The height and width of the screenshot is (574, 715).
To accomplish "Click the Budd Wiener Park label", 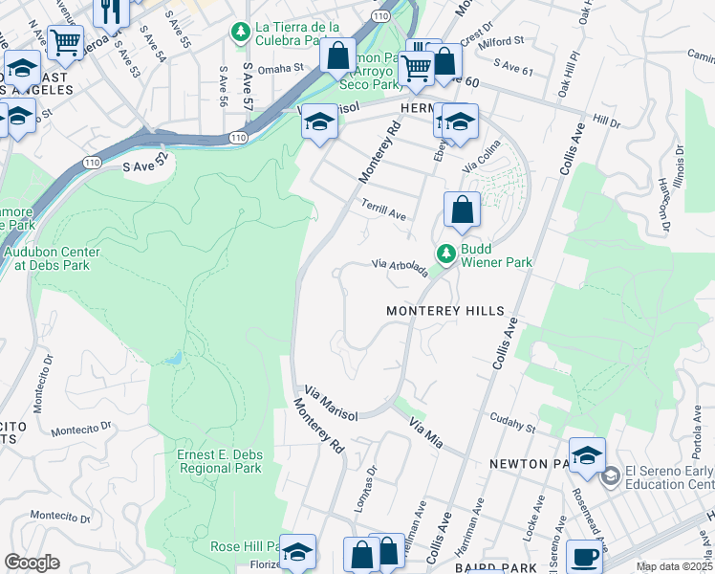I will (x=496, y=254).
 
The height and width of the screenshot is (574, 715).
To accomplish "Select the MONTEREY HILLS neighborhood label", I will (x=444, y=312).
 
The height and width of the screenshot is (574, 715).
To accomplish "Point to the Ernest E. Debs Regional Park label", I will (x=219, y=461).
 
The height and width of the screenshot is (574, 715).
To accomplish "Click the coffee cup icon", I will (x=585, y=557).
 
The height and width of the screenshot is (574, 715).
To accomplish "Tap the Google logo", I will (x=32, y=563).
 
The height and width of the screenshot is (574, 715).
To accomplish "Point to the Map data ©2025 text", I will (x=674, y=566).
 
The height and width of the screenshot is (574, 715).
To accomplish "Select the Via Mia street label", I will (x=426, y=428).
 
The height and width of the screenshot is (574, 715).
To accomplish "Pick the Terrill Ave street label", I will (x=384, y=210).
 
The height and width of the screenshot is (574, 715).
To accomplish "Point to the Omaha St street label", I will (x=278, y=68).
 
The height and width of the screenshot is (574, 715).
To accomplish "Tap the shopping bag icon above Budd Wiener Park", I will (x=462, y=211).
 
